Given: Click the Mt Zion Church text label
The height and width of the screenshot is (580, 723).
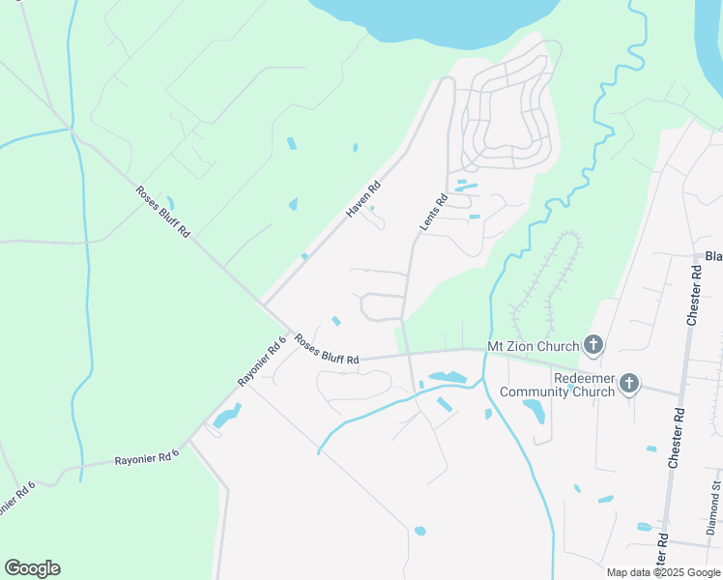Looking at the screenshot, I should [533, 346].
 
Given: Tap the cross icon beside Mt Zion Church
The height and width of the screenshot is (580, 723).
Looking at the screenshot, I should [593, 345].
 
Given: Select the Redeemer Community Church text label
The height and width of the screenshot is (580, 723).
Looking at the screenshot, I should [557, 385].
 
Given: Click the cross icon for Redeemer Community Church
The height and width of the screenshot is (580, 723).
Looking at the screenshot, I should [628, 384].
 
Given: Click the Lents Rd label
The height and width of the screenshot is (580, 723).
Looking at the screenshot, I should [433, 213].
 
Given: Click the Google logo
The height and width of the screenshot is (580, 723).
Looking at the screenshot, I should [32, 568].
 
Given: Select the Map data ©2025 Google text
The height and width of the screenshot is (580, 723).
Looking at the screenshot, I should [664, 572].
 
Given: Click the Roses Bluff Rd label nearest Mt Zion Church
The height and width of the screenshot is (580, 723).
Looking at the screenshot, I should [327, 349].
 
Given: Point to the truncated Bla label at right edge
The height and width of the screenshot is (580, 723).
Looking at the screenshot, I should [713, 256].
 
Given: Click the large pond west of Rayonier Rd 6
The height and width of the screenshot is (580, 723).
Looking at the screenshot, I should [225, 418].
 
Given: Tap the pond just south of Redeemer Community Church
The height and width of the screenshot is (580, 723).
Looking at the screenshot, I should [534, 411].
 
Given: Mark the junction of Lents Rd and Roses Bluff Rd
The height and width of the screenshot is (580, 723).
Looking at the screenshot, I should [408, 355].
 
